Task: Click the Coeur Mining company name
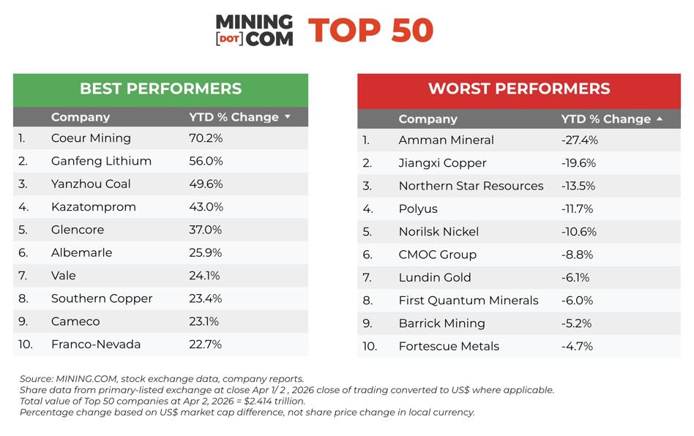click(91, 138)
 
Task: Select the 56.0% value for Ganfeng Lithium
click(206, 161)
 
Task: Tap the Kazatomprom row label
click(94, 207)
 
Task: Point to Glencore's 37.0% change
click(206, 230)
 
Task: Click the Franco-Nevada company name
click(96, 345)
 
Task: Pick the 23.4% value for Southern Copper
click(206, 298)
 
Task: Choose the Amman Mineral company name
click(446, 140)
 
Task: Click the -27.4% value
click(579, 140)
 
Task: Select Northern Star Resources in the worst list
click(471, 186)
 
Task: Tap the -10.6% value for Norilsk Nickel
click(579, 232)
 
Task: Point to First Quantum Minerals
click(469, 301)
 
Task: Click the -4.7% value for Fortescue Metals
click(577, 346)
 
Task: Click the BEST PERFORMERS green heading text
click(160, 89)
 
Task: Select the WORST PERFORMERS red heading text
click(519, 89)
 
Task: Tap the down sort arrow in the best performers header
click(288, 117)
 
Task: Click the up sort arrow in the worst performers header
click(660, 119)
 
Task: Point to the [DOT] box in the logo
click(230, 39)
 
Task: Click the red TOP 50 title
click(371, 31)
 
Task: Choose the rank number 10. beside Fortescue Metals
click(370, 346)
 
